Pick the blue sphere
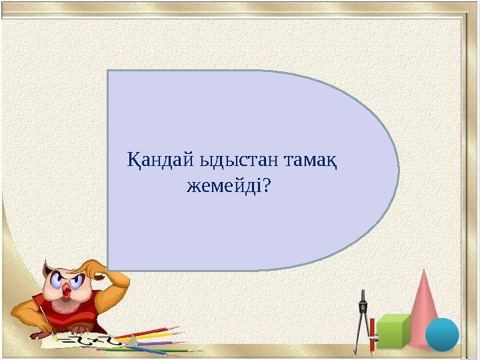(x=442, y=334)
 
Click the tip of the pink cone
(x=424, y=271)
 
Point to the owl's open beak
(x=67, y=293)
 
